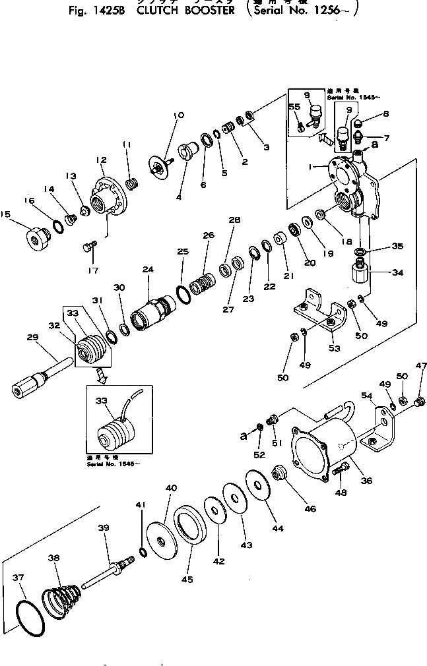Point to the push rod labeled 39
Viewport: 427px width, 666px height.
coord(106,572)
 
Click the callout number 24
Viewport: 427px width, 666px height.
coord(148,269)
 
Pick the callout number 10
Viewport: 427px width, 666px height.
coord(179,115)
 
